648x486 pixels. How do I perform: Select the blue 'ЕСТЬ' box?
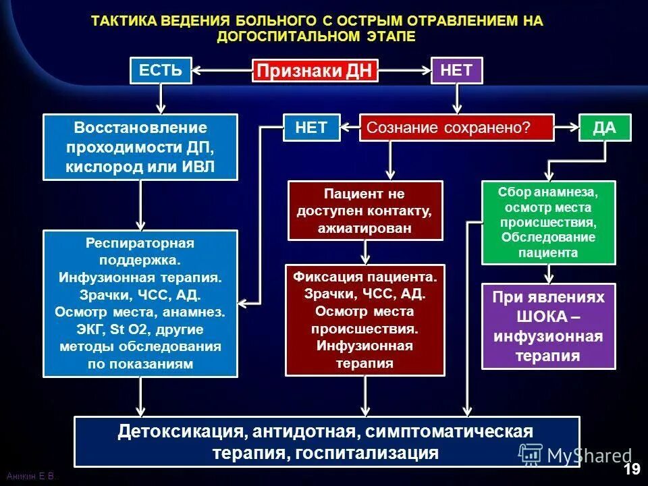tap(161, 70)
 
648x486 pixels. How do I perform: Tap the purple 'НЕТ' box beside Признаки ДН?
tap(457, 70)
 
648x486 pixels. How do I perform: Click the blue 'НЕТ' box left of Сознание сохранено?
tap(311, 128)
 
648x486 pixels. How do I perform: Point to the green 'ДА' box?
tap(605, 128)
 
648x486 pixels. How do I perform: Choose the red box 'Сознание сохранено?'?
tap(456, 128)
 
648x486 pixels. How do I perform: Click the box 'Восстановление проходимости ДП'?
tap(140, 147)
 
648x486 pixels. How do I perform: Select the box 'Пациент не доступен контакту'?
tap(365, 211)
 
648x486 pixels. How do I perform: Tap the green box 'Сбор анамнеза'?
tap(548, 222)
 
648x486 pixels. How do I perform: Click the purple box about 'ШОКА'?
tap(548, 326)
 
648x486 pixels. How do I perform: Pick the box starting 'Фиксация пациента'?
tap(365, 319)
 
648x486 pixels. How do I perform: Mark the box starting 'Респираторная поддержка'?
tap(140, 303)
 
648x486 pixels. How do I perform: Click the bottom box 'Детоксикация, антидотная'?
tap(326, 441)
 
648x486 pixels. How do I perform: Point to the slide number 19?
tap(631, 469)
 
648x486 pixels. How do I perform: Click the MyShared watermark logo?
tap(573, 455)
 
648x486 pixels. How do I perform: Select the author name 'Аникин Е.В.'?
tap(31, 477)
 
